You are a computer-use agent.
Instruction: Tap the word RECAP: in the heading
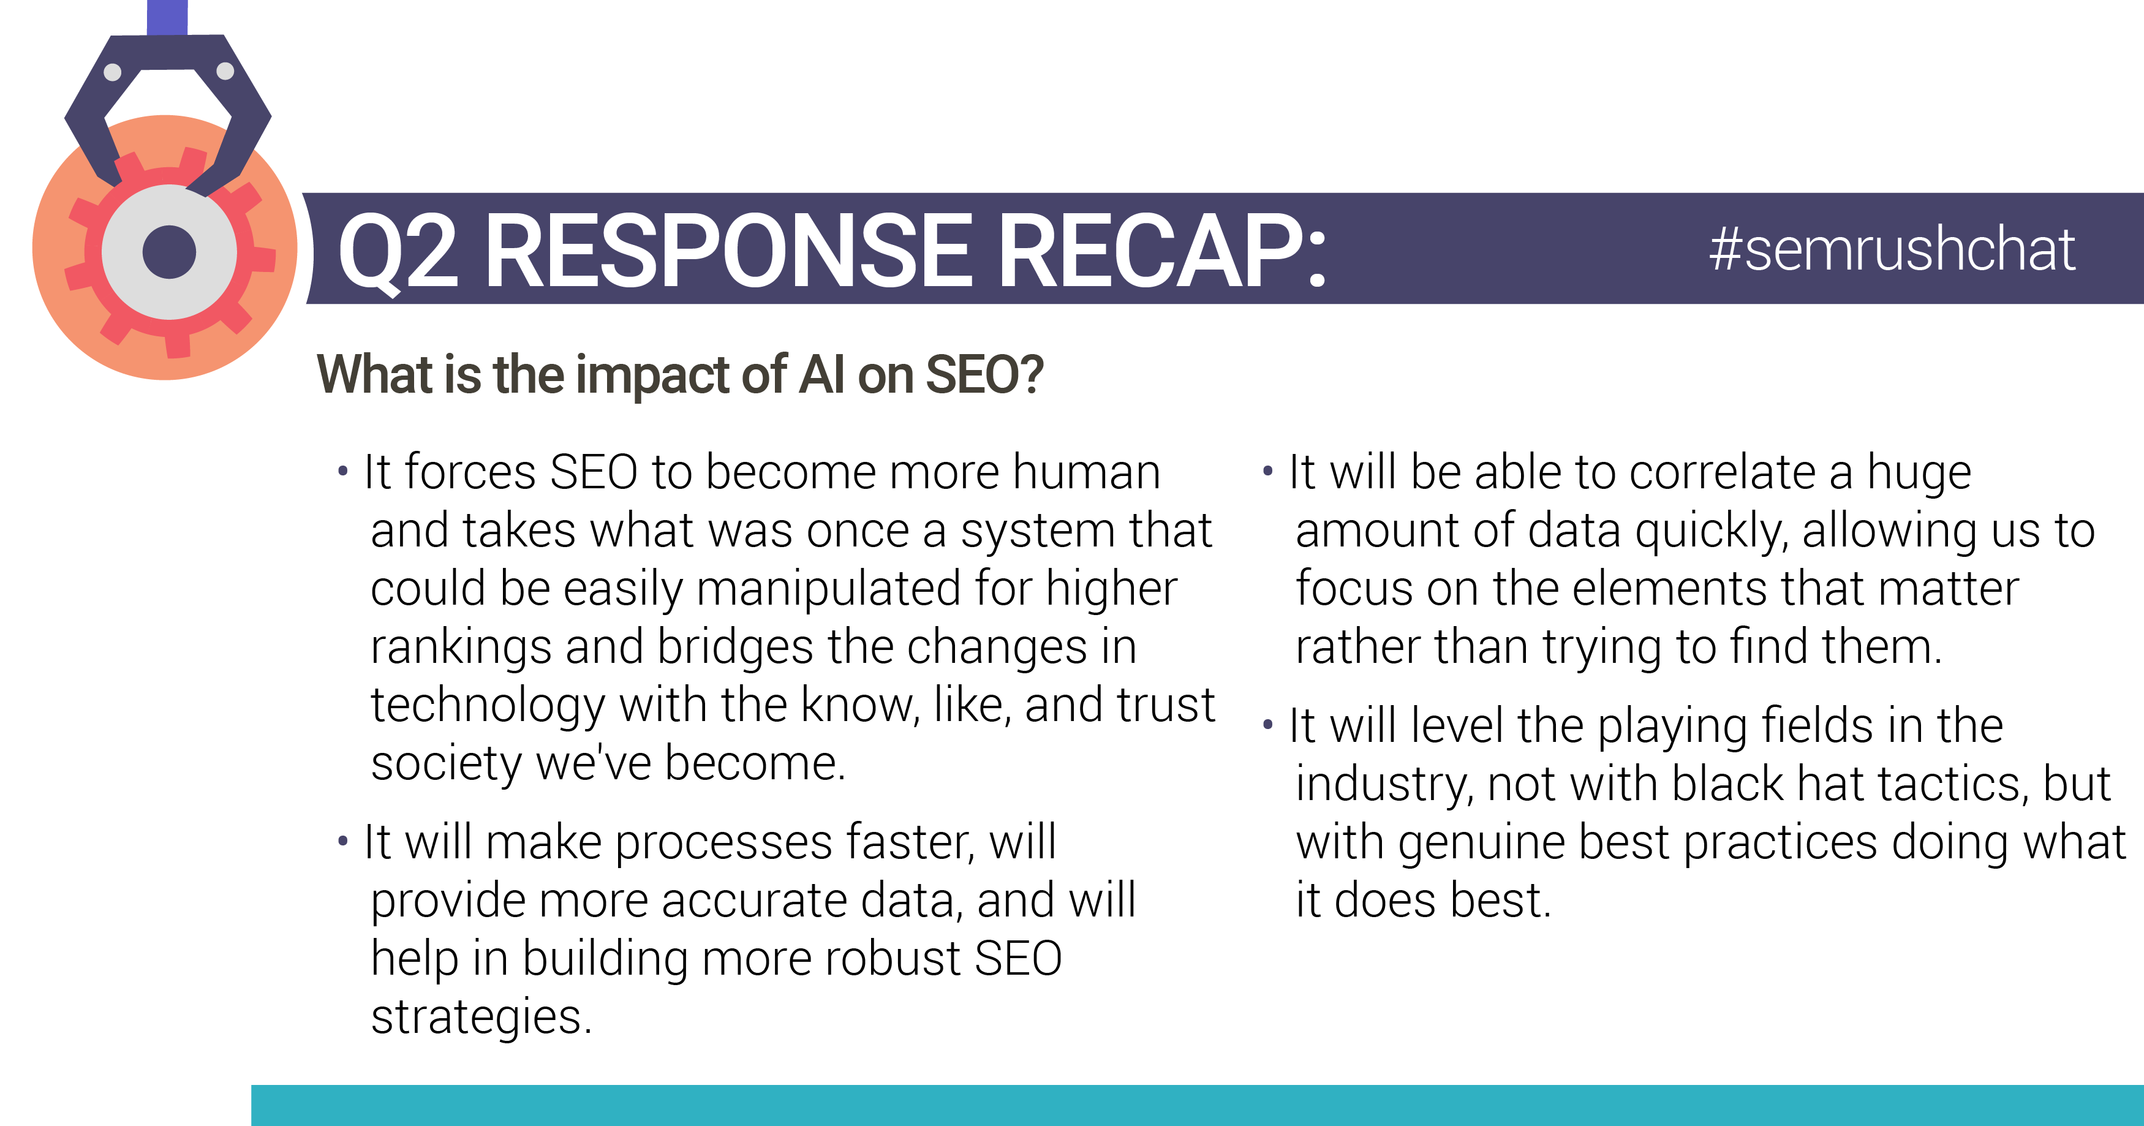click(1161, 250)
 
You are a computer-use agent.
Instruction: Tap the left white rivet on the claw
click(112, 72)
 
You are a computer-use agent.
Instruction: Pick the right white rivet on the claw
click(225, 70)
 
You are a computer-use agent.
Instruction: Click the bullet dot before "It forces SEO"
click(343, 472)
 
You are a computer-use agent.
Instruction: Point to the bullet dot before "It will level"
click(1267, 725)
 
